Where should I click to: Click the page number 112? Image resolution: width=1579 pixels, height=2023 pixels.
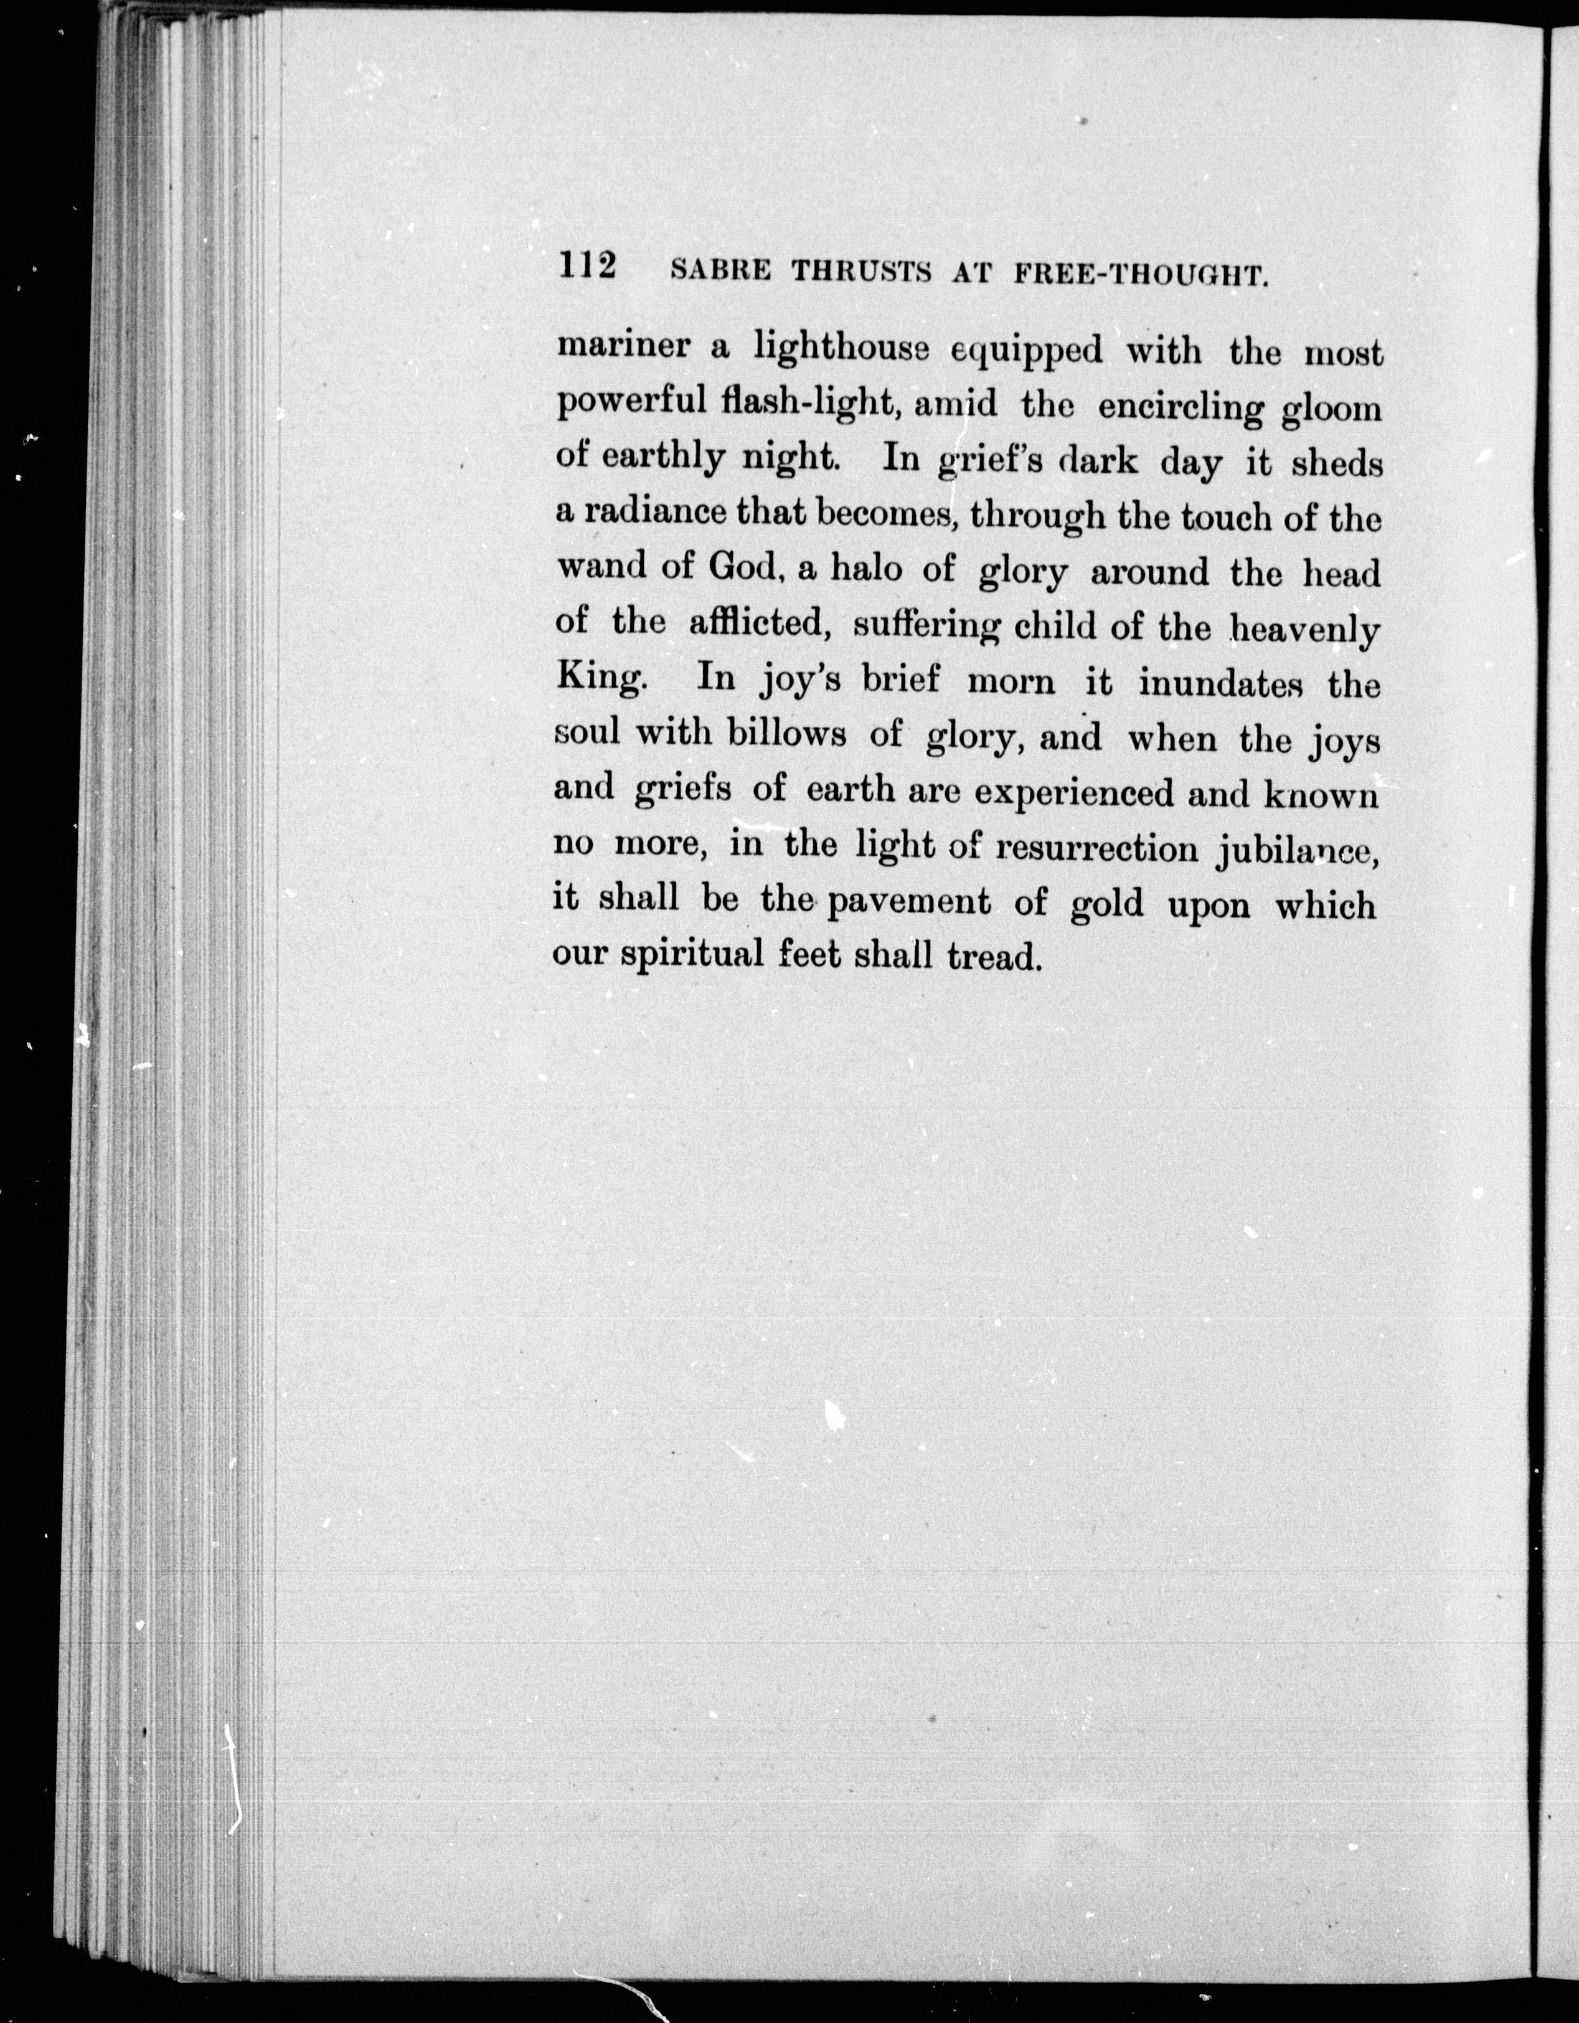587,266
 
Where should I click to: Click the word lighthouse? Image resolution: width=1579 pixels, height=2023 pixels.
840,350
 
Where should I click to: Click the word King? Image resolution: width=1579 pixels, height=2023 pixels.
599,678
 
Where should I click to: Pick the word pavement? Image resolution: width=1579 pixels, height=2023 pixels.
908,903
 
